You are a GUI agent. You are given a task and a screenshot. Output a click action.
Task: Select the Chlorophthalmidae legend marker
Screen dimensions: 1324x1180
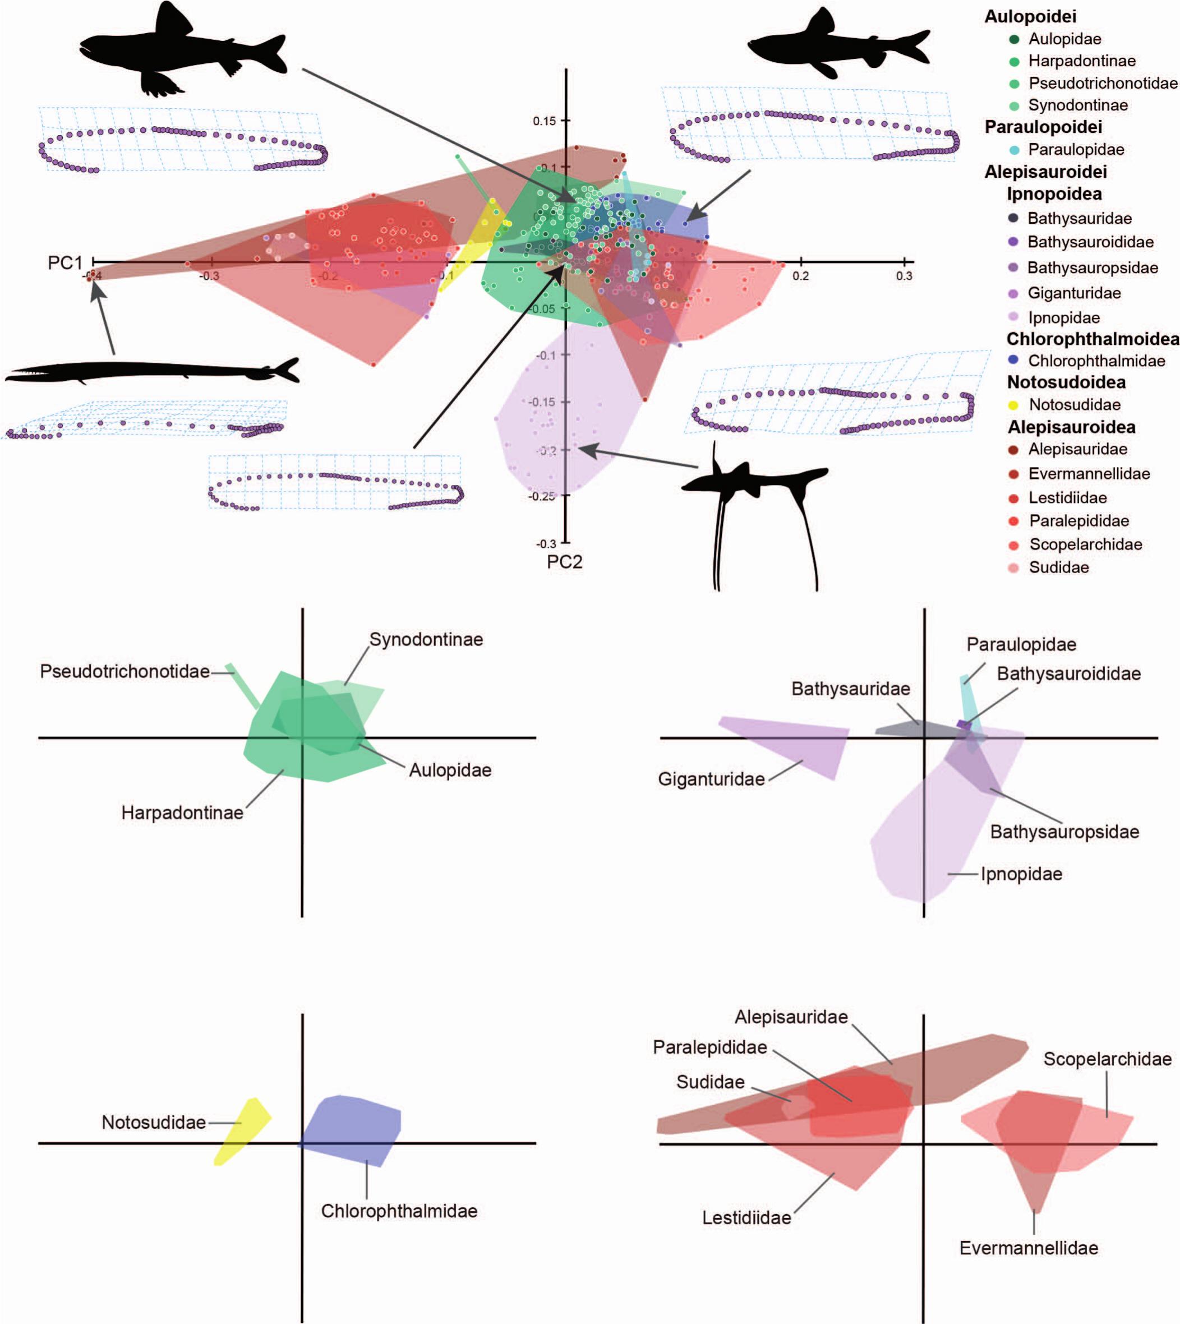pyautogui.click(x=1014, y=361)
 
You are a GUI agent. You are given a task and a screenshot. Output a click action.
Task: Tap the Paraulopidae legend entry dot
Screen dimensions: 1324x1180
pyautogui.click(x=1014, y=150)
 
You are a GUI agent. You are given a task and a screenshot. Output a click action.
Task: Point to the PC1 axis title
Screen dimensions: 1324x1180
pyautogui.click(x=65, y=262)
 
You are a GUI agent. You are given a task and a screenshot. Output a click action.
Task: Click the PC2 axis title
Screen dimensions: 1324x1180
pyautogui.click(x=564, y=562)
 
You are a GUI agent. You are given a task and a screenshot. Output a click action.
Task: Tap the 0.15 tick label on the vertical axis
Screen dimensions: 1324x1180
pyautogui.click(x=544, y=121)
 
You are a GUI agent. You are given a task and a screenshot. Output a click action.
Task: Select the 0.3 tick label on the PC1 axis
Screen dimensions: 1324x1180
pyautogui.click(x=904, y=275)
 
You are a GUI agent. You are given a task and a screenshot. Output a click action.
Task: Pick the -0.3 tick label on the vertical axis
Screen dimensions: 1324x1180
pyautogui.click(x=545, y=543)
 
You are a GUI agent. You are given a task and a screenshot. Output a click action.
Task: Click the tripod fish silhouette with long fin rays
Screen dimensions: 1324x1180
pyautogui.click(x=752, y=493)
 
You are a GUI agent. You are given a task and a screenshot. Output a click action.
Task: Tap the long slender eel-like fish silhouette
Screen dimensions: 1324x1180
pyautogui.click(x=153, y=373)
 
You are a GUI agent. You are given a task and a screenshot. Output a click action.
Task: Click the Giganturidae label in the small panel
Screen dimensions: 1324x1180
pyautogui.click(x=711, y=779)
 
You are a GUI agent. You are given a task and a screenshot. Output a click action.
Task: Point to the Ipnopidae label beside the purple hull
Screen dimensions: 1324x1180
pyautogui.click(x=1021, y=874)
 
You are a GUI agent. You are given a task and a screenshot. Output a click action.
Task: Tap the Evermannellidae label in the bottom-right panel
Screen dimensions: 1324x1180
pyautogui.click(x=1029, y=1248)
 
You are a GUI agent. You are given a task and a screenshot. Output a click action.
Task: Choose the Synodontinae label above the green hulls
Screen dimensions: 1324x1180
pyautogui.click(x=426, y=640)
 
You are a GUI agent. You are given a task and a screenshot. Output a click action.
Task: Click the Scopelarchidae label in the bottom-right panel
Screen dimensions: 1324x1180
pyautogui.click(x=1108, y=1059)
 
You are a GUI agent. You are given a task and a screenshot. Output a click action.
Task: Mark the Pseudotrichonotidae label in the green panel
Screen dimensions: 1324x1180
pyautogui.click(x=125, y=671)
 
